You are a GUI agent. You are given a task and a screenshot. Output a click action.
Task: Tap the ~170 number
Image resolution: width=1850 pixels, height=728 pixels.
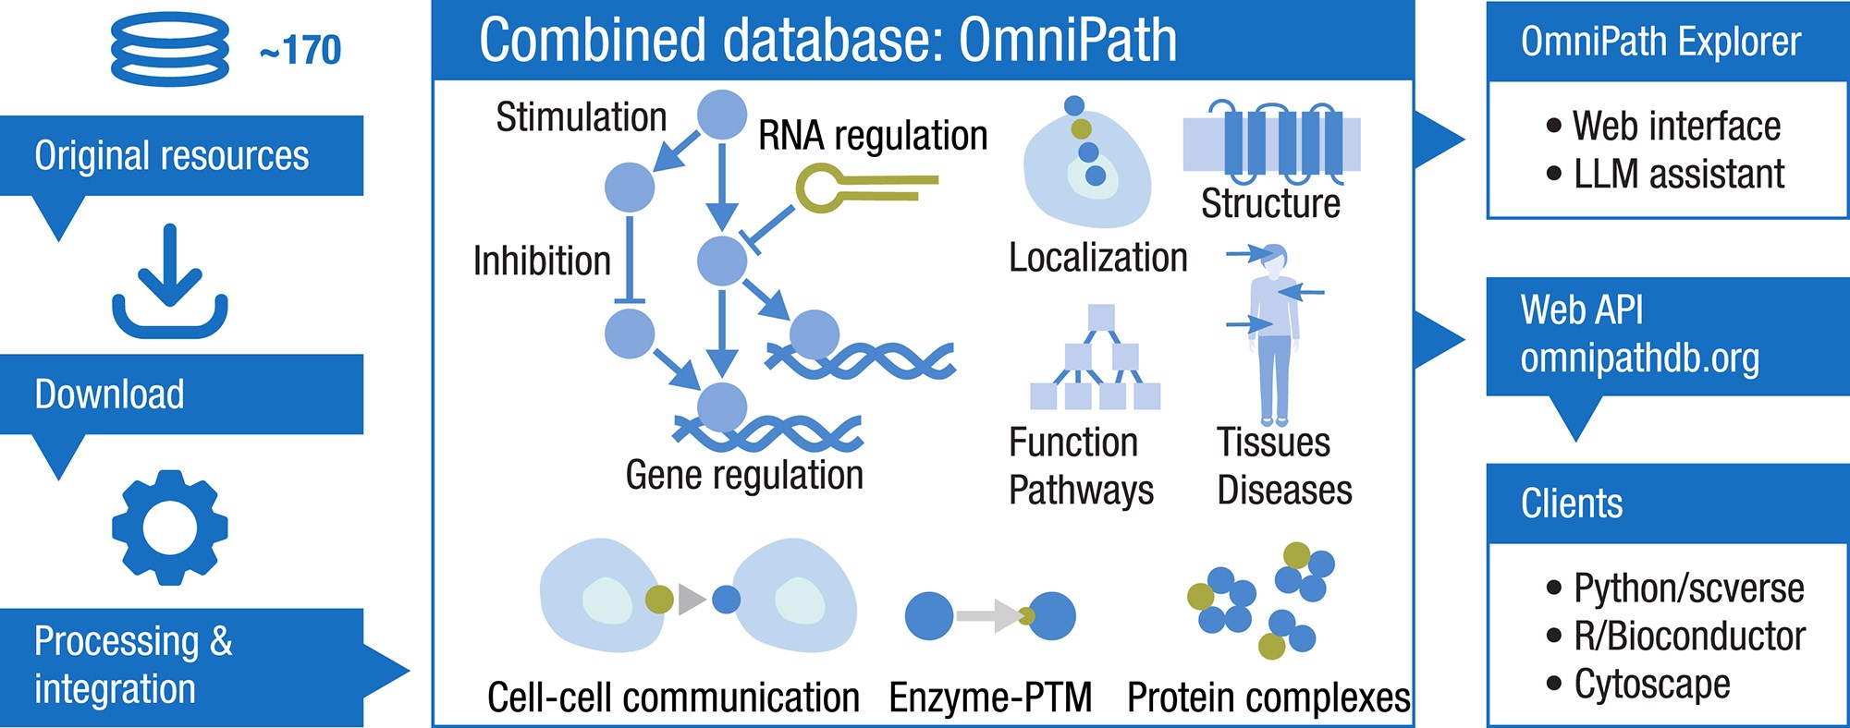pyautogui.click(x=300, y=50)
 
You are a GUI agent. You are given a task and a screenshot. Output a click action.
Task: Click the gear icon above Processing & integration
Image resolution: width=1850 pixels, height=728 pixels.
pyautogui.click(x=170, y=528)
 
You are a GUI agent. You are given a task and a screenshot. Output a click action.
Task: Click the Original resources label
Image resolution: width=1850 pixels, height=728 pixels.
pyautogui.click(x=171, y=155)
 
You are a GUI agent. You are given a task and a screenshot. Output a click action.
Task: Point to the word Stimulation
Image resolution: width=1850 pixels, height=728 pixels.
pyautogui.click(x=581, y=117)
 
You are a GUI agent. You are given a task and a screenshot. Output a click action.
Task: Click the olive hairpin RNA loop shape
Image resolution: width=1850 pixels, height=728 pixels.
pyautogui.click(x=823, y=188)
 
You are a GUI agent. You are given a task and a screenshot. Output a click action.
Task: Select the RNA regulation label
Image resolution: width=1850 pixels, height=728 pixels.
pyautogui.click(x=873, y=136)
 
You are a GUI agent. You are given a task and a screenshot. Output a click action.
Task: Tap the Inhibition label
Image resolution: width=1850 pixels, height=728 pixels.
pyautogui.click(x=542, y=261)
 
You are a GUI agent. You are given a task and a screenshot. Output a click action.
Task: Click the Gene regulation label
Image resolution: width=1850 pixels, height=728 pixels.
pyautogui.click(x=744, y=475)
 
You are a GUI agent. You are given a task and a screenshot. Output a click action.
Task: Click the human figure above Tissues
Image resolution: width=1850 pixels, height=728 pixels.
pyautogui.click(x=1274, y=333)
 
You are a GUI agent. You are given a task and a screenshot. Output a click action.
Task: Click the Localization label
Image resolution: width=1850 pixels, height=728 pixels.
pyautogui.click(x=1097, y=258)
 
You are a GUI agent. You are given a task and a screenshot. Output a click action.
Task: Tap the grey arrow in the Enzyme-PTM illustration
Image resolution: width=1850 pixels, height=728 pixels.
pyautogui.click(x=986, y=616)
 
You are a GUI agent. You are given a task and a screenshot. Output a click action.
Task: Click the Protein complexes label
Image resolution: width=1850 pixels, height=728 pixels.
pyautogui.click(x=1268, y=698)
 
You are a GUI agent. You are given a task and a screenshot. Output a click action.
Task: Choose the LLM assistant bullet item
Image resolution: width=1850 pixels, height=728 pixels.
pyautogui.click(x=1678, y=174)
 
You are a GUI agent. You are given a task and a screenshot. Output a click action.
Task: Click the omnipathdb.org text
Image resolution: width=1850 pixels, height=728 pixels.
pyautogui.click(x=1639, y=358)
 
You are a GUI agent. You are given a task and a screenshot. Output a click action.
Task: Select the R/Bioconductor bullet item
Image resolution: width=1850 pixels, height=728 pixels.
pyautogui.click(x=1688, y=636)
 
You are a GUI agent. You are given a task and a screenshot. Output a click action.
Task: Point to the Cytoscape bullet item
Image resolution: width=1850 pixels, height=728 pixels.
pyautogui.click(x=1651, y=684)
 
